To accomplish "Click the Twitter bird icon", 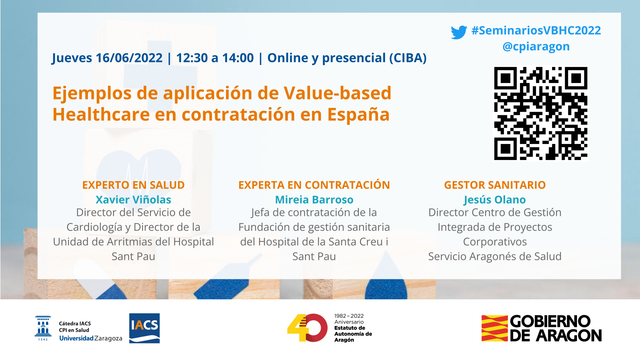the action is coord(459,32).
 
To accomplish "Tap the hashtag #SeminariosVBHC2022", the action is coord(536,30).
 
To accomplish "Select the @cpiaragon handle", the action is coord(536,47).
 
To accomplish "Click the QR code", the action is coord(541,113).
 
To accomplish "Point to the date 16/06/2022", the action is coord(129,58).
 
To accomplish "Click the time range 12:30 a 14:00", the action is coord(215,58).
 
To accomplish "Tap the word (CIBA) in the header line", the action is coord(408,58).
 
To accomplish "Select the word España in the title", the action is coord(358,114).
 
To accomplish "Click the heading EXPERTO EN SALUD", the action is coord(133,185).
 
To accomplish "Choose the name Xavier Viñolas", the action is coord(133,200).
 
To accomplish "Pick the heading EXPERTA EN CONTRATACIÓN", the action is coord(314,185).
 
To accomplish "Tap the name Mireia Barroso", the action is coord(314,200).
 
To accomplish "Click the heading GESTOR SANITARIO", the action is coord(495,185).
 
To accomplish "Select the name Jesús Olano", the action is coord(495,200).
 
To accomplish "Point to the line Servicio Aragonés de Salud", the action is coord(495,256).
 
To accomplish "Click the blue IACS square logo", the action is coord(144,328).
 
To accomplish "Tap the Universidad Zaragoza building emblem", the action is coord(43,328).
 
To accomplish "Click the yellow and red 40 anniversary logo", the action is coord(307,328).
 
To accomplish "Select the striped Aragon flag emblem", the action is coord(495,328).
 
